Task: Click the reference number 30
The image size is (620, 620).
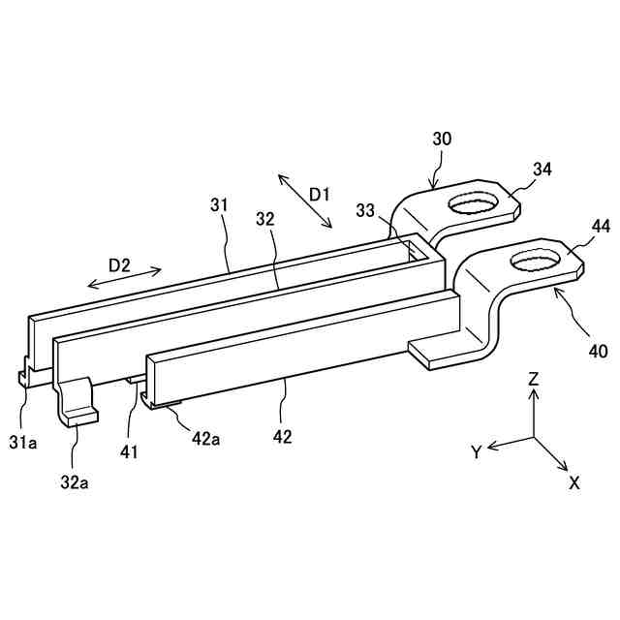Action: click(x=441, y=139)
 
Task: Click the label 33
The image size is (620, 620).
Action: click(x=365, y=210)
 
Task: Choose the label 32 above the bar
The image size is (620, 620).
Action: click(x=265, y=219)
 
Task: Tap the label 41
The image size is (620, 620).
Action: click(x=130, y=450)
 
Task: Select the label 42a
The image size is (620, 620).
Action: click(x=205, y=439)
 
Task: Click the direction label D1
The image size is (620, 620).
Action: click(x=320, y=195)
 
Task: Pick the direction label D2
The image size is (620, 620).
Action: click(x=120, y=264)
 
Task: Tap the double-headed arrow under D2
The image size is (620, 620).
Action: click(x=125, y=279)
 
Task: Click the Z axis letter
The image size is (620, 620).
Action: click(x=533, y=380)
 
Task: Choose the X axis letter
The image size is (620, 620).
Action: click(x=573, y=481)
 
